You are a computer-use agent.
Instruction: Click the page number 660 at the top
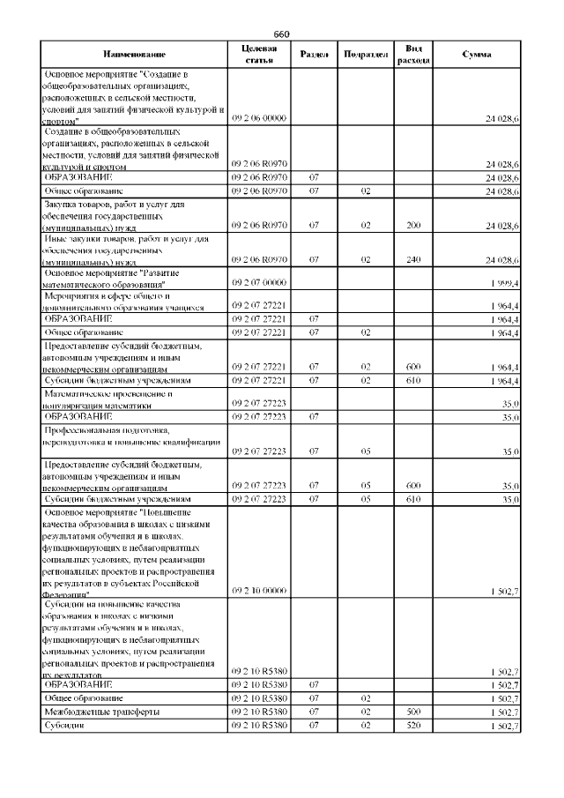point(281,34)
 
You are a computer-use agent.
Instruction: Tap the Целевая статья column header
point(258,54)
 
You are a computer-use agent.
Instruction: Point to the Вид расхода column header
point(413,54)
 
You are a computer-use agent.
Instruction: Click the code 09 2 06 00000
point(258,118)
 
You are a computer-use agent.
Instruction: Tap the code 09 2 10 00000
point(258,591)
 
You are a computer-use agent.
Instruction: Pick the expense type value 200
point(413,227)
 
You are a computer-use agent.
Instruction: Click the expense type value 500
point(413,711)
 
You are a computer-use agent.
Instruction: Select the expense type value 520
point(413,725)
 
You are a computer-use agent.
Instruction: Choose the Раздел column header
point(315,55)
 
